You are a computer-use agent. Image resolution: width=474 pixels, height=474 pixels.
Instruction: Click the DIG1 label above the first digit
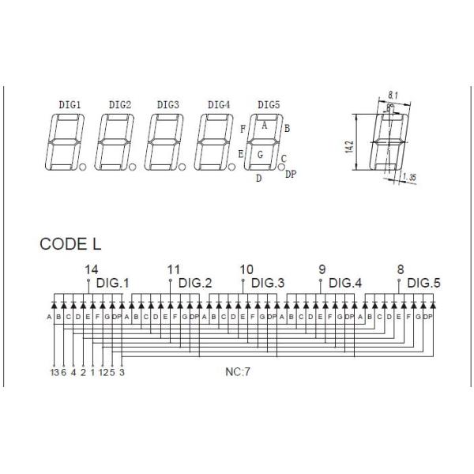click(x=70, y=104)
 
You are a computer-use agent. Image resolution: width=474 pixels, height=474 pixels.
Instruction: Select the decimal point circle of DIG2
click(x=133, y=167)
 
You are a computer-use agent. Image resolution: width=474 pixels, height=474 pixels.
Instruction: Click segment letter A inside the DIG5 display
click(x=265, y=125)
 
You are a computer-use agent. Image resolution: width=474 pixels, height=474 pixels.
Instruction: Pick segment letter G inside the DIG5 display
click(x=259, y=154)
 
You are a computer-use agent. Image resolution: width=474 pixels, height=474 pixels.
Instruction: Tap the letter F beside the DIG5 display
click(x=243, y=128)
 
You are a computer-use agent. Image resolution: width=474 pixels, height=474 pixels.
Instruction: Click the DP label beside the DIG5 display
click(x=291, y=174)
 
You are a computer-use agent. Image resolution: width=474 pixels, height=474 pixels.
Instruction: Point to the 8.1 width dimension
click(x=393, y=96)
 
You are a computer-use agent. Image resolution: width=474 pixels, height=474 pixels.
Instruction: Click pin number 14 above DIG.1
click(x=92, y=269)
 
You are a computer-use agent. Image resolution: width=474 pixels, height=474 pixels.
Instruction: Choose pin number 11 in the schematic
click(x=174, y=269)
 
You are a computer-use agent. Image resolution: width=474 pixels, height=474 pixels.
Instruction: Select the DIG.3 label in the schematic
click(x=265, y=282)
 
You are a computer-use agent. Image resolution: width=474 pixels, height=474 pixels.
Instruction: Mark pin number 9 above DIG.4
click(x=322, y=269)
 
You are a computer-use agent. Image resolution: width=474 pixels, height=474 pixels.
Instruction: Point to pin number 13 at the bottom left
click(x=53, y=372)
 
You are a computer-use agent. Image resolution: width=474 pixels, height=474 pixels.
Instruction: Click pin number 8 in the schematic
click(x=401, y=269)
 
